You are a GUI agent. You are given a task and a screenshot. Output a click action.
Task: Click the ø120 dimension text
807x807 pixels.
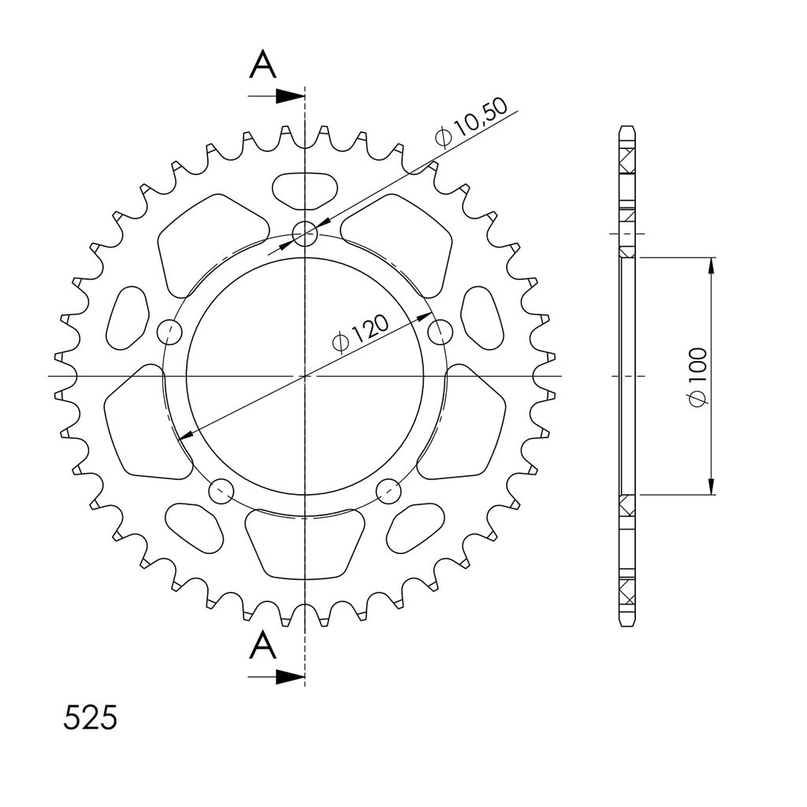click(x=361, y=334)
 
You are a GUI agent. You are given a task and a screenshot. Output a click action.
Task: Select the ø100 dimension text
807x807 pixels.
click(x=698, y=376)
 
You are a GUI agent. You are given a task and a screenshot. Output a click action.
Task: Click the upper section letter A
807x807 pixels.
click(x=262, y=65)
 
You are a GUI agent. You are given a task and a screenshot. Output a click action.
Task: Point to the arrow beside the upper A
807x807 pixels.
click(x=276, y=95)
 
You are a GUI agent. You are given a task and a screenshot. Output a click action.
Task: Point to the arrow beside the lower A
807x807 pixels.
click(x=276, y=677)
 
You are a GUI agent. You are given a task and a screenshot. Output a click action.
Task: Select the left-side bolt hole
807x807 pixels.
click(x=169, y=333)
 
